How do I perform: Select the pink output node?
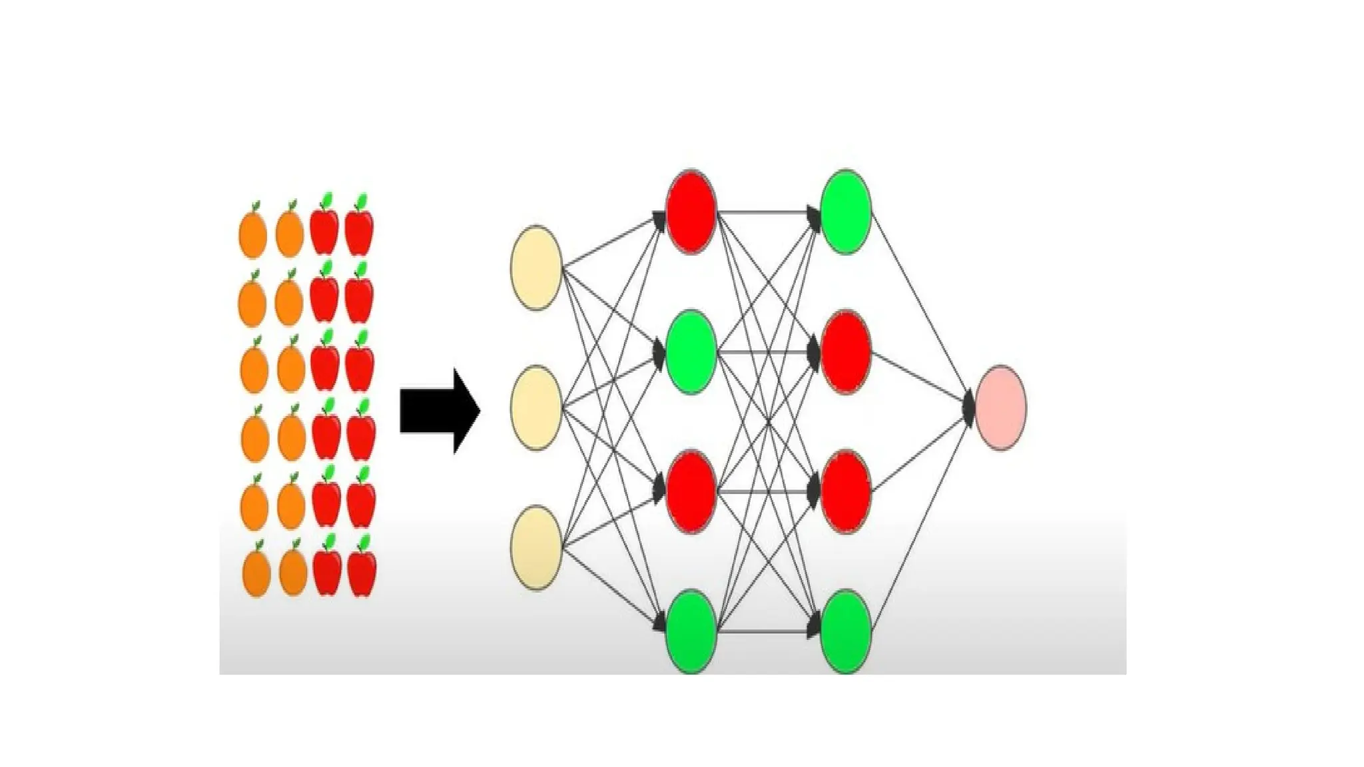pyautogui.click(x=1000, y=407)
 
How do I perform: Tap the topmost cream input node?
pyautogui.click(x=535, y=268)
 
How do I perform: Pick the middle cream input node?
pyautogui.click(x=535, y=407)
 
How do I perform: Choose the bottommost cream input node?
pyautogui.click(x=535, y=547)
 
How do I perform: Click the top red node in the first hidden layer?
pyautogui.click(x=691, y=212)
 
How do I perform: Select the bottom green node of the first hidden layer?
pyautogui.click(x=691, y=631)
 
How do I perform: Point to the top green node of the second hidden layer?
pyautogui.click(x=845, y=212)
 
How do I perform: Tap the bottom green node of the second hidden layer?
pyautogui.click(x=845, y=631)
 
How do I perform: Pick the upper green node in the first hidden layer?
pyautogui.click(x=691, y=352)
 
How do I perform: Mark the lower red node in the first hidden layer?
pyautogui.click(x=691, y=491)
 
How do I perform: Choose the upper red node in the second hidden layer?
pyautogui.click(x=845, y=352)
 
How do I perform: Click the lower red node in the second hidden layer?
pyautogui.click(x=845, y=491)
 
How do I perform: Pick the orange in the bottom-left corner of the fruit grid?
pyautogui.click(x=256, y=573)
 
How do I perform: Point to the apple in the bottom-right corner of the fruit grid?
pyautogui.click(x=362, y=573)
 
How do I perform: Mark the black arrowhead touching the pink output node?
pyautogui.click(x=969, y=407)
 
